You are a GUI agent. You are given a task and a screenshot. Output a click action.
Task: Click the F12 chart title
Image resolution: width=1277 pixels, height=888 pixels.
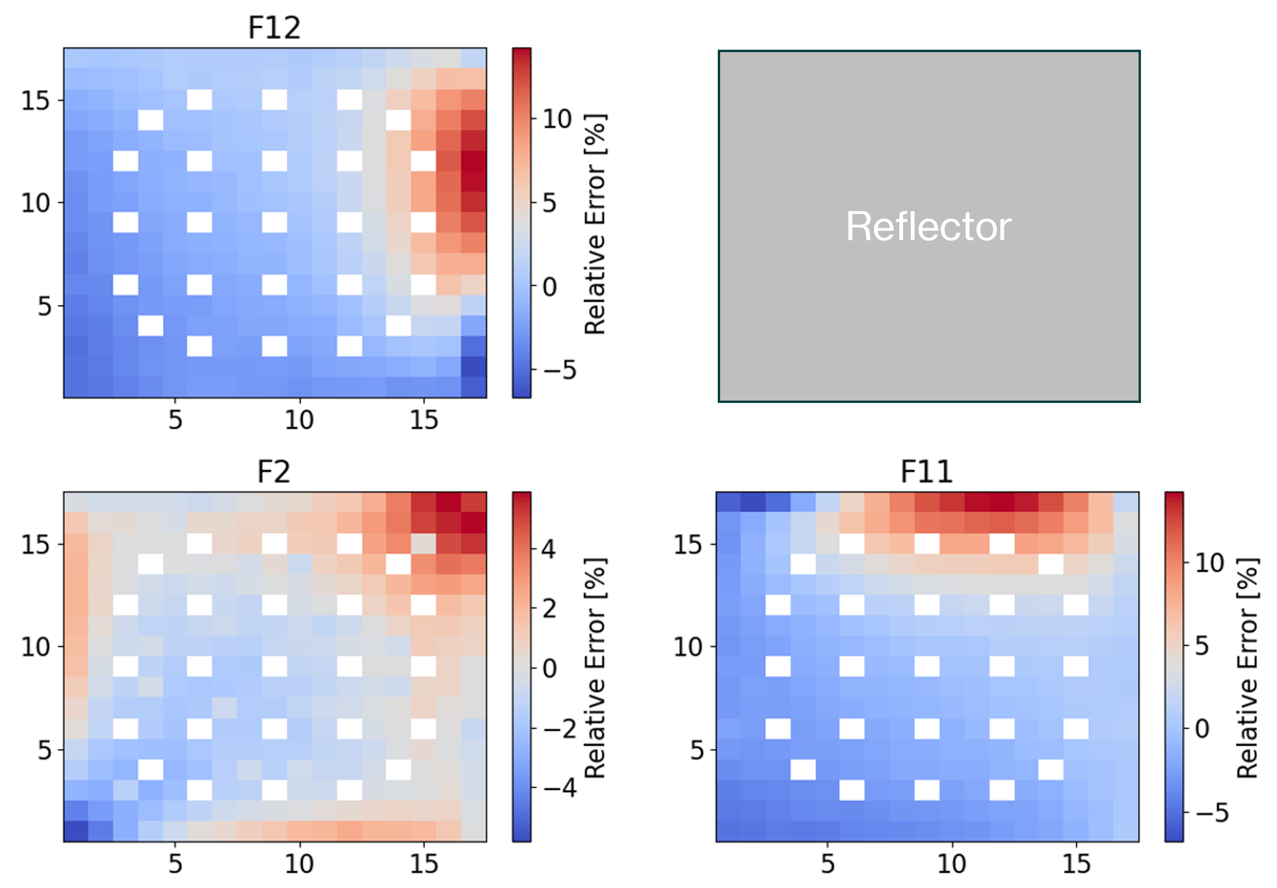(274, 28)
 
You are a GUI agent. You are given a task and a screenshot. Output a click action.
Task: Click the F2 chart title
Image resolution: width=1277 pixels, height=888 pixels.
(274, 472)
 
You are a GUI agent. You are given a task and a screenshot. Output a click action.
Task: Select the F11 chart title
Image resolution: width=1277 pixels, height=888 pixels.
(927, 472)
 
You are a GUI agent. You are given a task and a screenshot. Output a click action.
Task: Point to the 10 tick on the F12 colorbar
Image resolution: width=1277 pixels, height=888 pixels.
(557, 119)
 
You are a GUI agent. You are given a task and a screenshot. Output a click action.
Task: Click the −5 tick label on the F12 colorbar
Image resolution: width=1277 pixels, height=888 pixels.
(560, 370)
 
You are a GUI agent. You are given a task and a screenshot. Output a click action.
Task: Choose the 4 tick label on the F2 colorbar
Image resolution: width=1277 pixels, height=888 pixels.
(548, 549)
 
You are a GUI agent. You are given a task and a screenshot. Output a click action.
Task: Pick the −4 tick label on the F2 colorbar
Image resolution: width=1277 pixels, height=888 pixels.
(560, 788)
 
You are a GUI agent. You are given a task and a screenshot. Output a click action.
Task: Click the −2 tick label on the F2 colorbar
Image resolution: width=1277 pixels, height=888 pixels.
(560, 729)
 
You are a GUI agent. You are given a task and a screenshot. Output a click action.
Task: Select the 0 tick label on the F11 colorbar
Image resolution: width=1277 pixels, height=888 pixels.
(1202, 729)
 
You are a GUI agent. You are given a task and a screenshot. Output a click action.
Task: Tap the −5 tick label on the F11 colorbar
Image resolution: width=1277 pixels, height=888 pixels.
(1212, 813)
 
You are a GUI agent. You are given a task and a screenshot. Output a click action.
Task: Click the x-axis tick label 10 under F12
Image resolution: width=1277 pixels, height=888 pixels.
(299, 420)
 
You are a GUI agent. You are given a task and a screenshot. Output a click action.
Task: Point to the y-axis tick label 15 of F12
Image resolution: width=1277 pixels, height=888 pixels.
(36, 101)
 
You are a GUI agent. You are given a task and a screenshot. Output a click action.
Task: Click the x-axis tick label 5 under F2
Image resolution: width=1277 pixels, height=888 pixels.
(175, 864)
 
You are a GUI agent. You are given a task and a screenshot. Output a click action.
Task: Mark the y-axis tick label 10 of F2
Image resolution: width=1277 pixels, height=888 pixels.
(36, 647)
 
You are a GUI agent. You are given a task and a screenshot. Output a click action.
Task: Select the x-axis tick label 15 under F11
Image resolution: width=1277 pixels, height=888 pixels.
(1076, 864)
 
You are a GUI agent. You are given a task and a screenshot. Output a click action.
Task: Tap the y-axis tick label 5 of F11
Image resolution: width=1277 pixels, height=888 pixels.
(697, 751)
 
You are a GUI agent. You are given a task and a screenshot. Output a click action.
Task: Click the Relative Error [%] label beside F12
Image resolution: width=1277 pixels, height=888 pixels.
(594, 224)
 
